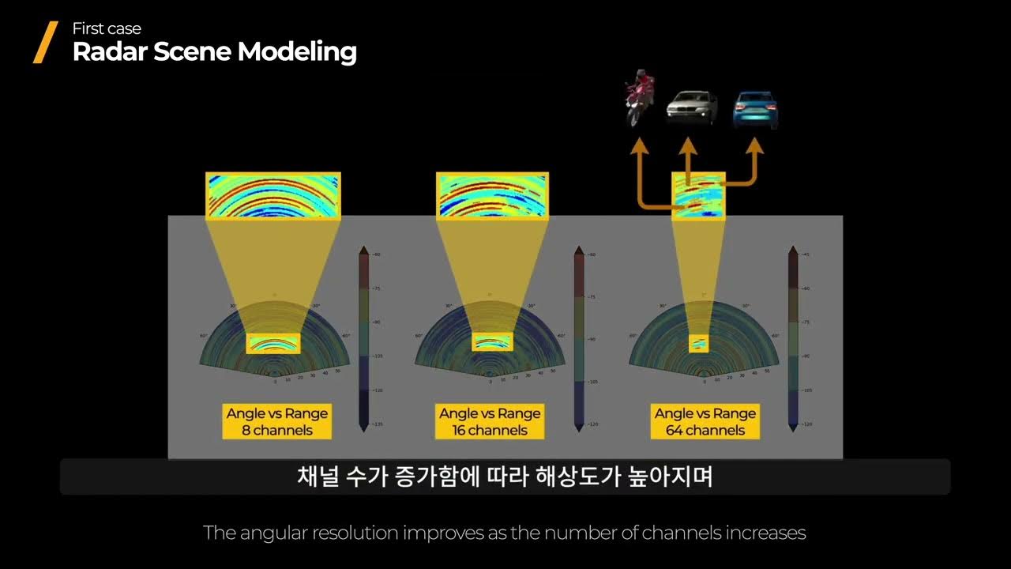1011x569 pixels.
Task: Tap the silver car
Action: click(692, 107)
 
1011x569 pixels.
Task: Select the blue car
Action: click(755, 109)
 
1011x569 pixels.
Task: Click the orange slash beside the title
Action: click(45, 42)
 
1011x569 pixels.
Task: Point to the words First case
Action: click(107, 28)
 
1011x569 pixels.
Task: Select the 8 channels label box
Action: click(276, 422)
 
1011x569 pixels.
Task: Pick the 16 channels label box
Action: click(490, 422)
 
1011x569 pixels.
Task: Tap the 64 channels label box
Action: click(705, 422)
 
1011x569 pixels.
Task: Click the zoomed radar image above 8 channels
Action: click(273, 195)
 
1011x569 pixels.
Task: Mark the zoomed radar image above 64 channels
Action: click(698, 195)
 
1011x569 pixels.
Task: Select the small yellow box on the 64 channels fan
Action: click(698, 344)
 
